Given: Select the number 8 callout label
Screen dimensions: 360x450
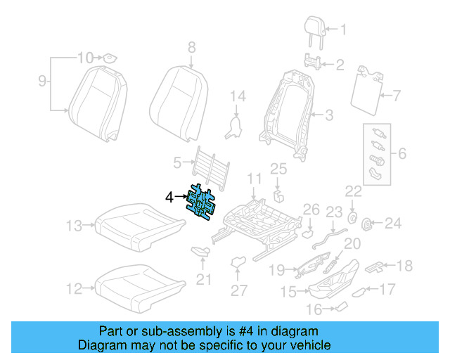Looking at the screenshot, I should click(x=191, y=47).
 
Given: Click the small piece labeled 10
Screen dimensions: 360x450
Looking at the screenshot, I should click(x=110, y=57).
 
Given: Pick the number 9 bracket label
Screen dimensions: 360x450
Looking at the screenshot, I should click(x=42, y=82).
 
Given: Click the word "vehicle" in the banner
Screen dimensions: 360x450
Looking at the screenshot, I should click(x=307, y=345).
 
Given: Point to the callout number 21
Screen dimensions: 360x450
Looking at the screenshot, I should click(x=203, y=280).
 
